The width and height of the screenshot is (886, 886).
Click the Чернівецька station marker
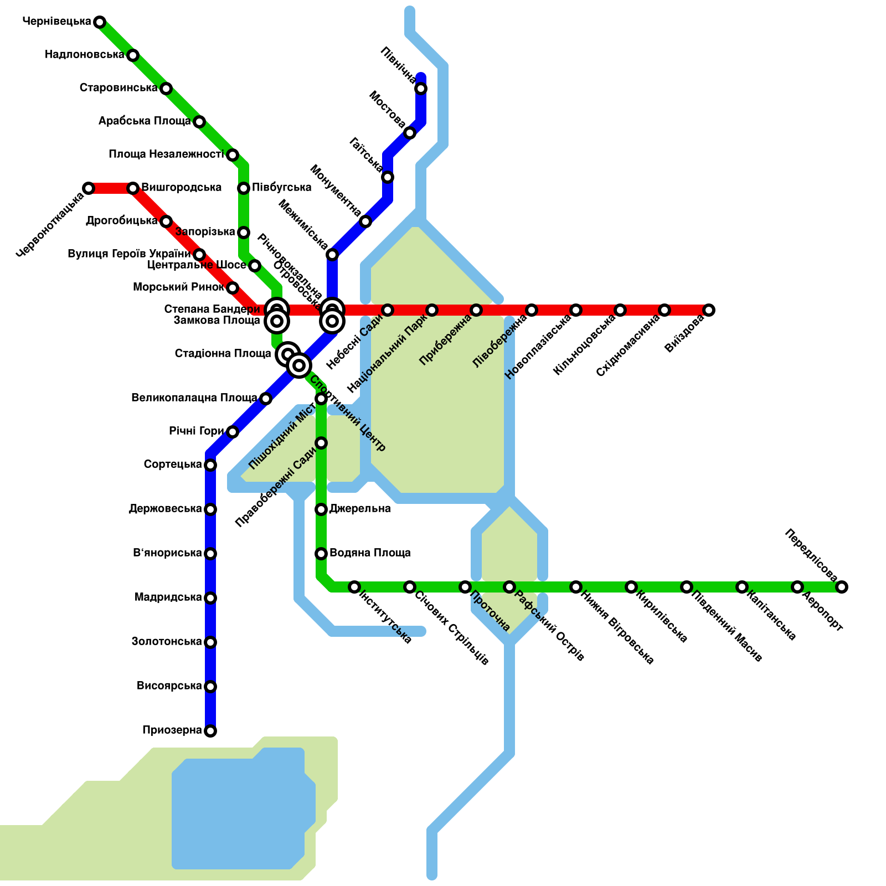point(100,22)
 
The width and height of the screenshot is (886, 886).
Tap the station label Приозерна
point(172,730)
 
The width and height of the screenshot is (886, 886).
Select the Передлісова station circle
point(842,587)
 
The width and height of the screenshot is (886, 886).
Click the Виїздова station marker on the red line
point(709,310)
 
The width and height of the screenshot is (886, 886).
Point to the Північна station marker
point(421,89)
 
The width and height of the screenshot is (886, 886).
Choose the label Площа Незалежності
point(166,154)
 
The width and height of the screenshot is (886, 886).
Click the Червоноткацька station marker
point(89,188)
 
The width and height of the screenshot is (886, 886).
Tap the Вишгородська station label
point(182,188)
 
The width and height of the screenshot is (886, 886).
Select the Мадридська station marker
point(210,598)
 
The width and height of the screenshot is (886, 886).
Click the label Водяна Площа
point(370,553)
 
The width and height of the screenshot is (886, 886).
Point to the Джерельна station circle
point(321,509)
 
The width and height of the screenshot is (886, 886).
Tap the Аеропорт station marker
point(797,587)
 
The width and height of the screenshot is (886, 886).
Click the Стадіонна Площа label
point(223,354)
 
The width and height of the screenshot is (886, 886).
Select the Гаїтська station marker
point(388,177)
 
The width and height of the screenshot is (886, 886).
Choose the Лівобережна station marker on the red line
point(532,310)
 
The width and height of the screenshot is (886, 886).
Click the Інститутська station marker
point(354,587)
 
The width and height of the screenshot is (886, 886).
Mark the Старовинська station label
point(119,88)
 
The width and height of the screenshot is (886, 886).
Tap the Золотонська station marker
point(210,642)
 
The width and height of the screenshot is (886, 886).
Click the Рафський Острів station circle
point(509,587)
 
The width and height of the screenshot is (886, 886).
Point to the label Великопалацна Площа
point(194,398)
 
